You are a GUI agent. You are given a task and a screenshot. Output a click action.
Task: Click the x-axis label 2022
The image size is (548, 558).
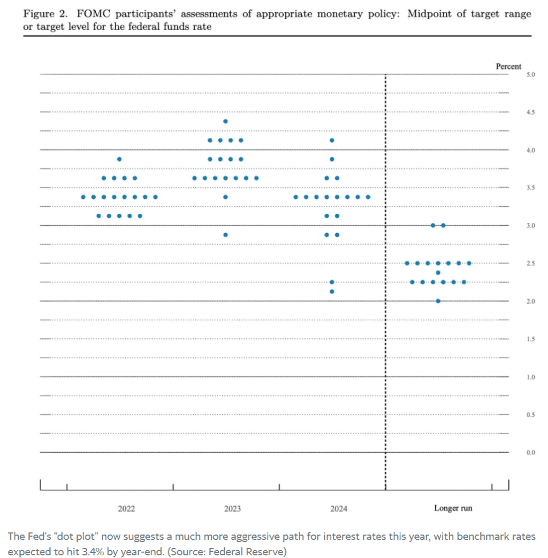[126, 508]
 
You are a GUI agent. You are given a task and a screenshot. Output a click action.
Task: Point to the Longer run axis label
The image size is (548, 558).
[453, 508]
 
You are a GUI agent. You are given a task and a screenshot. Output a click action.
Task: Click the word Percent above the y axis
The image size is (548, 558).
[508, 66]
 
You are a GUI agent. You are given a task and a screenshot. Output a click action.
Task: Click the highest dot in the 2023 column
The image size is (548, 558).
[225, 121]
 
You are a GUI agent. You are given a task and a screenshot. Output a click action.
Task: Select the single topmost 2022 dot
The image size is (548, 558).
[119, 159]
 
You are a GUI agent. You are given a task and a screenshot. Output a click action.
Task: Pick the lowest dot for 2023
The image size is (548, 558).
[225, 235]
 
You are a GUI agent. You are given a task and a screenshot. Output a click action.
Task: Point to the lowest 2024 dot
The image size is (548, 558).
[332, 291]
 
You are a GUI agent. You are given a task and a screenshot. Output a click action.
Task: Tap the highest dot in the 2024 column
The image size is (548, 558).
[332, 141]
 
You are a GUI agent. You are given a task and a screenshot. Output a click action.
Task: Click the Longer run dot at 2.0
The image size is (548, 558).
[438, 301]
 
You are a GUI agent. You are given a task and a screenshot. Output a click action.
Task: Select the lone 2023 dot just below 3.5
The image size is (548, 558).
[225, 197]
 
